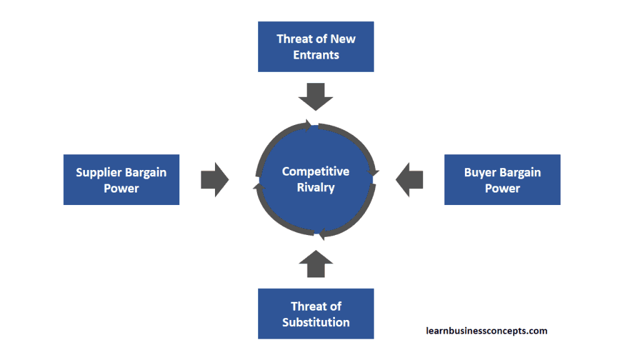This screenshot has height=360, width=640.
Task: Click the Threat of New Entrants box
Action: coord(316,47)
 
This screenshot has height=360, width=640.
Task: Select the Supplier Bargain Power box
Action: coord(121,180)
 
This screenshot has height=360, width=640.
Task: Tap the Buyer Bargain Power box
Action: coord(502,180)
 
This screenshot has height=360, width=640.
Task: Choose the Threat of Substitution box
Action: coord(316,314)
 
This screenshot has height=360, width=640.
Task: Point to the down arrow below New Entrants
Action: coord(316,95)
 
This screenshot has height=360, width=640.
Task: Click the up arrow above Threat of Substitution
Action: coord(316,264)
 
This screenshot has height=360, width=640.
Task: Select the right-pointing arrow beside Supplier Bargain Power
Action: coord(214,180)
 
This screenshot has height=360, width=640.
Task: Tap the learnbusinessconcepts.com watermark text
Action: coord(486,331)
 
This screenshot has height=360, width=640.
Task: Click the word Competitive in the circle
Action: coord(316,171)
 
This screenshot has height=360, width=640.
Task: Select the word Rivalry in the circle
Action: coord(316,187)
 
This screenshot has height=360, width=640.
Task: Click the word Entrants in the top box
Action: coord(316,55)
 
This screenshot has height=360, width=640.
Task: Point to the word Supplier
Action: coord(98,172)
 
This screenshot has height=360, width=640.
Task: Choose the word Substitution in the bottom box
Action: coord(316,322)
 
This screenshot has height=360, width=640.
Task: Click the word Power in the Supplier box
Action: coord(121,188)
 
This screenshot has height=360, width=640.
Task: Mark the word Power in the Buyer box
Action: coord(502,188)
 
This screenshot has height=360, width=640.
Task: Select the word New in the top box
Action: coord(343,39)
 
